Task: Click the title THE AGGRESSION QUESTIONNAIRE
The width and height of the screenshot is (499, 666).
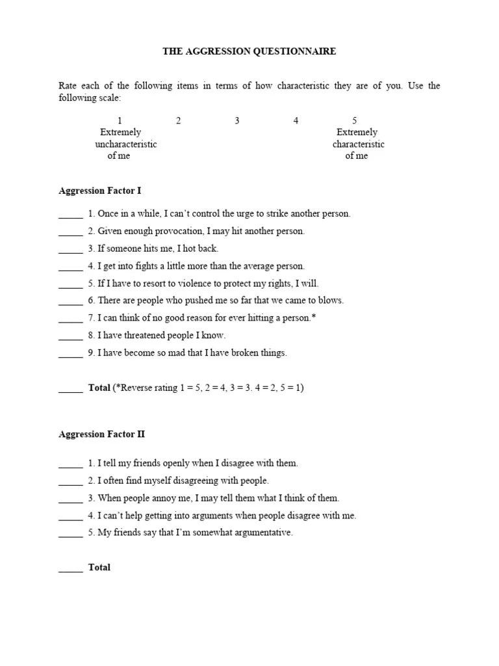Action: (249, 51)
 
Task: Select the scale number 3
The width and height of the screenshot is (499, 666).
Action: (237, 120)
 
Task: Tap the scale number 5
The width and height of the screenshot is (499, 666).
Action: (355, 120)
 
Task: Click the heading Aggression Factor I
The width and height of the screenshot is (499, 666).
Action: (99, 191)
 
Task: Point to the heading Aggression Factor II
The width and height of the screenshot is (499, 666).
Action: (101, 434)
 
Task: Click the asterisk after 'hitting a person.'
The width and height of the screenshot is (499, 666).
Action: (314, 317)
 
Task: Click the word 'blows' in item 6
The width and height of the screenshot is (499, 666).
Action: (329, 300)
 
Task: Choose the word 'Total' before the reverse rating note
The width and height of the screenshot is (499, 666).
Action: (99, 388)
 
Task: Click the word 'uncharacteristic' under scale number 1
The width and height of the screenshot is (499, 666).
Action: (125, 144)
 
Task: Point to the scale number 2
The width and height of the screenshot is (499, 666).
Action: (178, 120)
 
